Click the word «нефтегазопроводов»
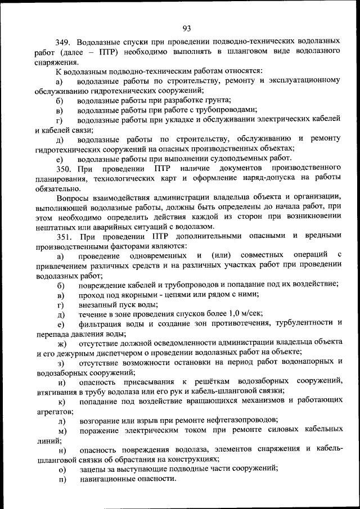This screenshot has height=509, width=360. [x=236, y=420]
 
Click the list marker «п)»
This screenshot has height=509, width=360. [x=61, y=479]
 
